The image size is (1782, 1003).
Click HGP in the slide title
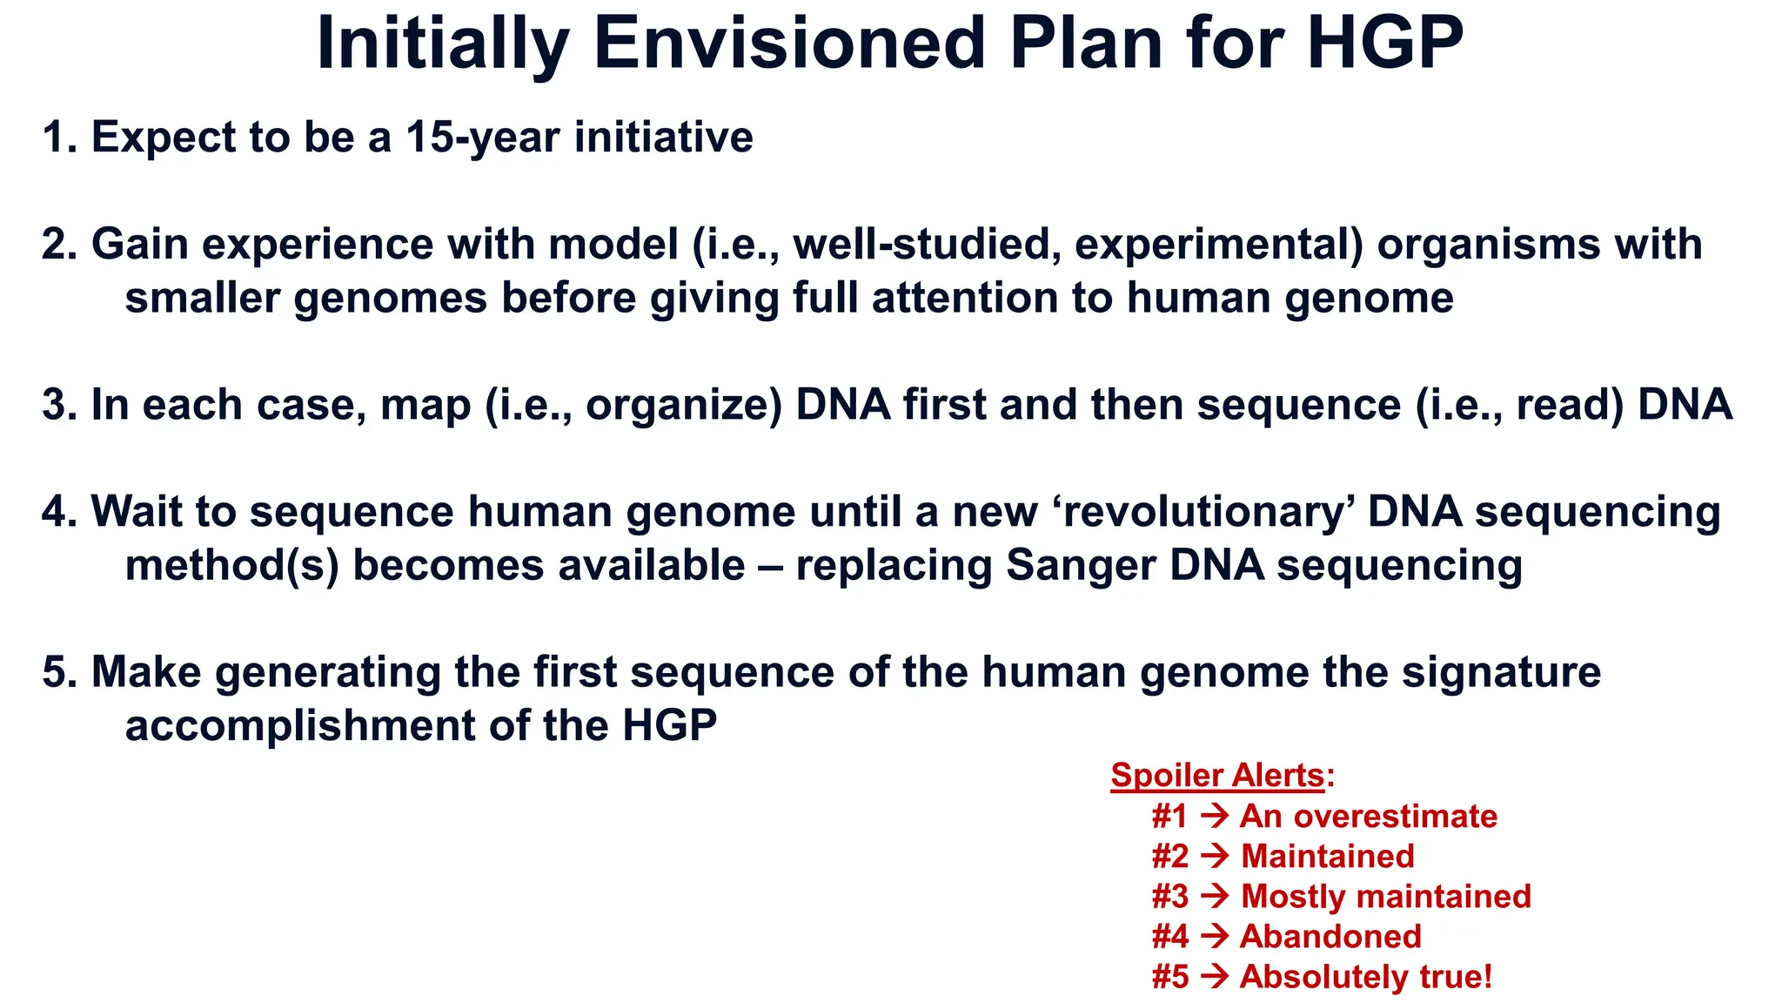click(1384, 44)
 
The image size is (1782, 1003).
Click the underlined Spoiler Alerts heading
click(1216, 776)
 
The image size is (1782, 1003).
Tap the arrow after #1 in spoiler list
click(1214, 817)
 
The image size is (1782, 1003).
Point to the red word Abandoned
click(1330, 937)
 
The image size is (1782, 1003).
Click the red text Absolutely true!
click(1365, 977)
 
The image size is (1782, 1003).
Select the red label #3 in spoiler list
click(1169, 897)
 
